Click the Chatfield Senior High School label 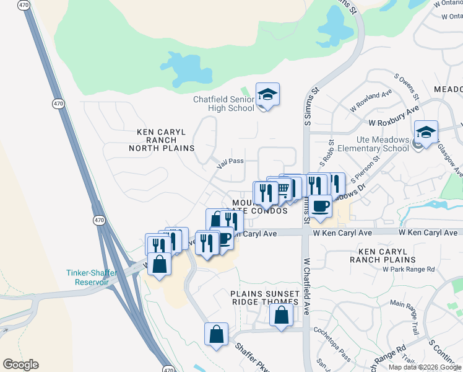point(223,104)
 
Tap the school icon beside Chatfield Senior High point(267,95)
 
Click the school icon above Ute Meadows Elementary point(426,132)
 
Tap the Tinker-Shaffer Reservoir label point(88,277)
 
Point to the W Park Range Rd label point(409,269)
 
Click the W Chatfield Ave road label point(306,287)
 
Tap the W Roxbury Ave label point(394,123)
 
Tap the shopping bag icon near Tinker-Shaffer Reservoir point(160,263)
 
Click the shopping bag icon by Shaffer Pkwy point(217,334)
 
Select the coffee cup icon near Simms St point(320,205)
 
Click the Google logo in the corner point(20,365)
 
